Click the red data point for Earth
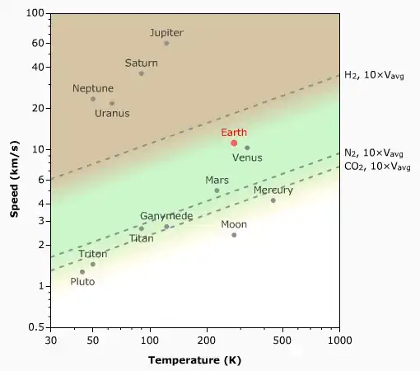(234, 143)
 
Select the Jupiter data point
(166, 43)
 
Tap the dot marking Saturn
(142, 73)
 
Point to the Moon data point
(234, 235)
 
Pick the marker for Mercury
(273, 200)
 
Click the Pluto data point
(82, 271)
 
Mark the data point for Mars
(217, 190)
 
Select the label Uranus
(111, 113)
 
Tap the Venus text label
(247, 157)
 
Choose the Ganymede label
(166, 216)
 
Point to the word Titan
(141, 238)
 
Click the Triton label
(92, 254)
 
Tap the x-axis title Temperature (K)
(195, 360)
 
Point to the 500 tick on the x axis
(282, 340)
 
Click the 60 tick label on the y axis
(36, 43)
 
